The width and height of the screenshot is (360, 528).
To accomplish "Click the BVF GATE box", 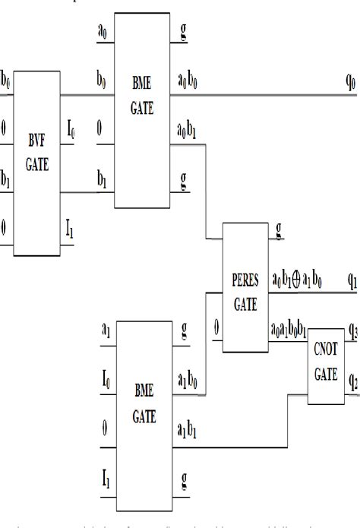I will click(x=36, y=163).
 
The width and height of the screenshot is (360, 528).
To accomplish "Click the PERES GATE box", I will click(x=245, y=288).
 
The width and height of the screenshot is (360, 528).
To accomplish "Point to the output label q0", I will click(x=351, y=80).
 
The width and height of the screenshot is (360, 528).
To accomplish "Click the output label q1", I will click(x=352, y=282).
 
